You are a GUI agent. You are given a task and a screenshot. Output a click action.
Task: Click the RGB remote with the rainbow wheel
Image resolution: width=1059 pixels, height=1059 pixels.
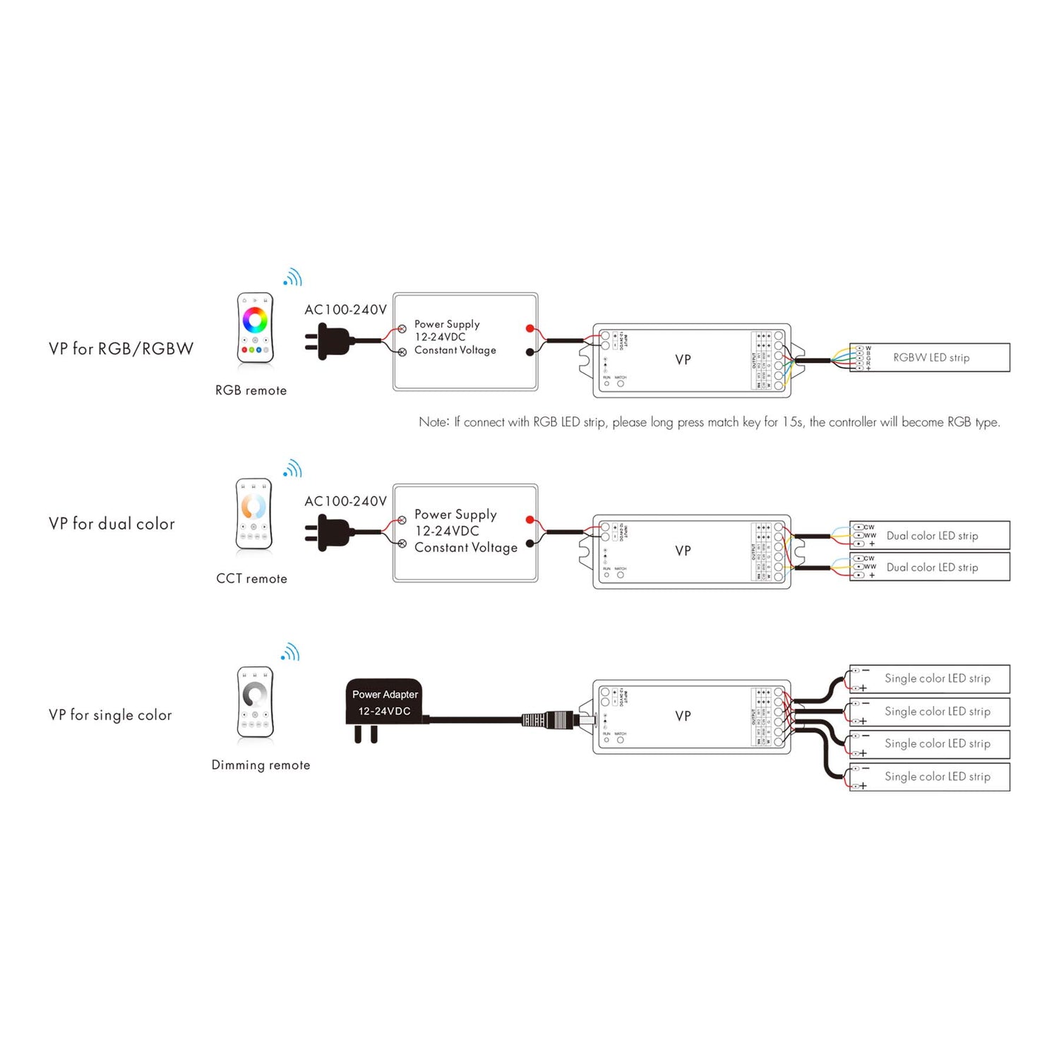click(255, 328)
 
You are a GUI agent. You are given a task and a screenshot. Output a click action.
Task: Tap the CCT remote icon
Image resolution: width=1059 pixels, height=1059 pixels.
click(253, 513)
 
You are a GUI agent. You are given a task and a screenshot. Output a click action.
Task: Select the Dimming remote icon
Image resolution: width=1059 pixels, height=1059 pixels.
click(255, 701)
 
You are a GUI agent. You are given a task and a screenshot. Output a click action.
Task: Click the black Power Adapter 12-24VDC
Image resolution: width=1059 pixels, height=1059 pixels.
click(384, 702)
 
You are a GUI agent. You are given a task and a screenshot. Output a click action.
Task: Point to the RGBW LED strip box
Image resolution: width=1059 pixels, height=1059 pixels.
click(930, 358)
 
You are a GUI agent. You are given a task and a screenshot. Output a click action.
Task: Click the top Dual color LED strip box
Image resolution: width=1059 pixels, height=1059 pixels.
click(930, 536)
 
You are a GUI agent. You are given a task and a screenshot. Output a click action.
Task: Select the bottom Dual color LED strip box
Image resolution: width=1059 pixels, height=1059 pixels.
click(930, 567)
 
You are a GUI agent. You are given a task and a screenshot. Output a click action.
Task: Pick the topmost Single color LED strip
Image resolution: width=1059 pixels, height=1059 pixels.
click(930, 678)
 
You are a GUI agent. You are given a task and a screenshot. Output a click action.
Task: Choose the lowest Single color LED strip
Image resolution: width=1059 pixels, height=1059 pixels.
click(930, 777)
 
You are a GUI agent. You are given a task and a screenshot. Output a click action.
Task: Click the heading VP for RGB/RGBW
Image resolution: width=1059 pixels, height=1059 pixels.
click(121, 349)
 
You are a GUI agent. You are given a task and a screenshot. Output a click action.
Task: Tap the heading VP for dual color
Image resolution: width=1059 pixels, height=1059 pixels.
click(112, 524)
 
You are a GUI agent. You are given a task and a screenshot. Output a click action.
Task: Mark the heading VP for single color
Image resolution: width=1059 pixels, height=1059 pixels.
click(110, 715)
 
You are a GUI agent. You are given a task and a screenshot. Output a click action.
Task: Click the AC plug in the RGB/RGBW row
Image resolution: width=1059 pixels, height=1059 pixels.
click(330, 341)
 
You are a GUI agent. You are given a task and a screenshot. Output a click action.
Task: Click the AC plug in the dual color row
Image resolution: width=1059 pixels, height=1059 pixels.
click(330, 532)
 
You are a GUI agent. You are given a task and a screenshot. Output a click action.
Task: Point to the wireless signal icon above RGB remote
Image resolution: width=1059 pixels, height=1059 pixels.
click(292, 277)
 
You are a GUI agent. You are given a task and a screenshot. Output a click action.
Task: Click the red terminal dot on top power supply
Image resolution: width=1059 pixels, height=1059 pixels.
click(529, 328)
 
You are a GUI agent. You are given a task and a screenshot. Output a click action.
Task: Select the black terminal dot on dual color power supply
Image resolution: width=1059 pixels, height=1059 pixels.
click(529, 544)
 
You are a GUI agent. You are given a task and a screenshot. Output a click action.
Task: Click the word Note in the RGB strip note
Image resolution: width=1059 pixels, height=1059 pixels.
click(433, 422)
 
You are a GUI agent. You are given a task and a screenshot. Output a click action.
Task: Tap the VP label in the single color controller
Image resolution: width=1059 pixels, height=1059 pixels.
click(683, 716)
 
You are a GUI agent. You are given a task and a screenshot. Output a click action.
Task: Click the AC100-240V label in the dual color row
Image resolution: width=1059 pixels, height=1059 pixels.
click(345, 501)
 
